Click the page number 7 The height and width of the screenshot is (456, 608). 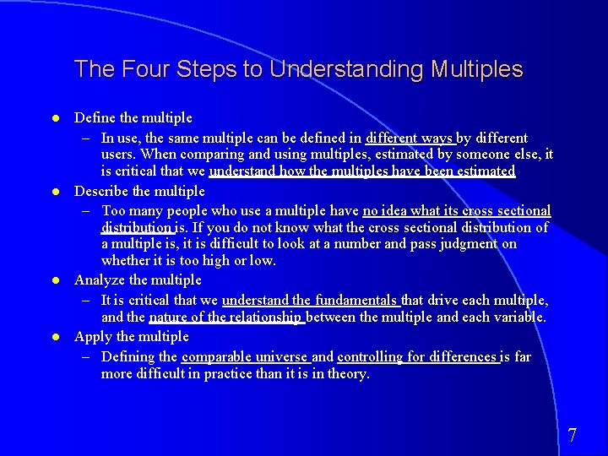point(573,436)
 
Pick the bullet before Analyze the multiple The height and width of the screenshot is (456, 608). point(54,280)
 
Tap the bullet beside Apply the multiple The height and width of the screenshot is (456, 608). point(54,337)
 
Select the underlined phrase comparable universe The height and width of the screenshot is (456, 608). point(245,356)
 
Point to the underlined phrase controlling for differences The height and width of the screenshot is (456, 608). point(417,356)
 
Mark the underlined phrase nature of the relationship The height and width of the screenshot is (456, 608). point(225,318)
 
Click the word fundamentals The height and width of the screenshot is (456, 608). point(356,300)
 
